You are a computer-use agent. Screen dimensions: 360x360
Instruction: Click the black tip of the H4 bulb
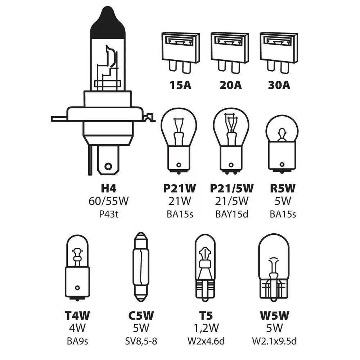[108, 25]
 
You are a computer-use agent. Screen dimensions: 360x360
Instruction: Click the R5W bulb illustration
[282, 144]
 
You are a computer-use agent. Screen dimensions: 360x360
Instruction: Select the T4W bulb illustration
[77, 266]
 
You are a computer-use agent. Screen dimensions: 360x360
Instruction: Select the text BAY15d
[231, 214]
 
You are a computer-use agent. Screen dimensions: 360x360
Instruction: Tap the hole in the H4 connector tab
[107, 166]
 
